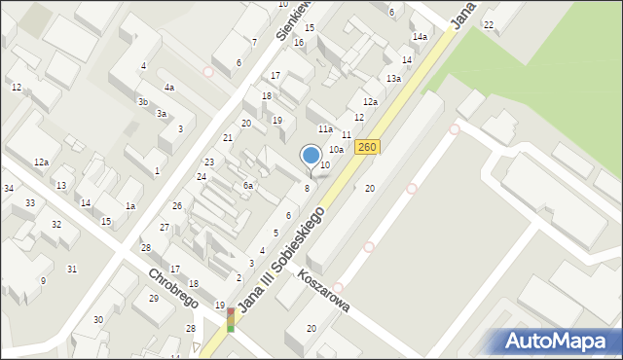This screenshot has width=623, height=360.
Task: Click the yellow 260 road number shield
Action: (x=367, y=147)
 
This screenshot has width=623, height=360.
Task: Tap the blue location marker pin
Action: (x=311, y=156)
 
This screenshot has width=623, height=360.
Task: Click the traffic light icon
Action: (x=231, y=320)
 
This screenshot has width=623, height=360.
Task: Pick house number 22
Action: (x=489, y=24)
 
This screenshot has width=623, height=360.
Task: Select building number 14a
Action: (x=420, y=37)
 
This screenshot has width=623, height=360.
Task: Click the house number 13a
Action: (x=393, y=78)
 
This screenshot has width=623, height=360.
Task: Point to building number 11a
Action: (x=325, y=128)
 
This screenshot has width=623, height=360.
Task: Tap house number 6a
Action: (x=248, y=185)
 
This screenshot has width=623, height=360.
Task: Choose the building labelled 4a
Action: (x=169, y=88)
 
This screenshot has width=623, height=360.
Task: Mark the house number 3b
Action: (x=143, y=101)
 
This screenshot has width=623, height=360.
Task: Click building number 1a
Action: (x=129, y=205)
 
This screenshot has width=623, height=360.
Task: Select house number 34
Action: (x=8, y=188)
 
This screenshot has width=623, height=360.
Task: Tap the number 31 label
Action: (x=72, y=269)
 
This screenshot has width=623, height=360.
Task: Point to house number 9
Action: (x=42, y=281)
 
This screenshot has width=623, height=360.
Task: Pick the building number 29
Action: (x=154, y=298)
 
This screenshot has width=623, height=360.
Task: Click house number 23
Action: (x=209, y=162)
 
